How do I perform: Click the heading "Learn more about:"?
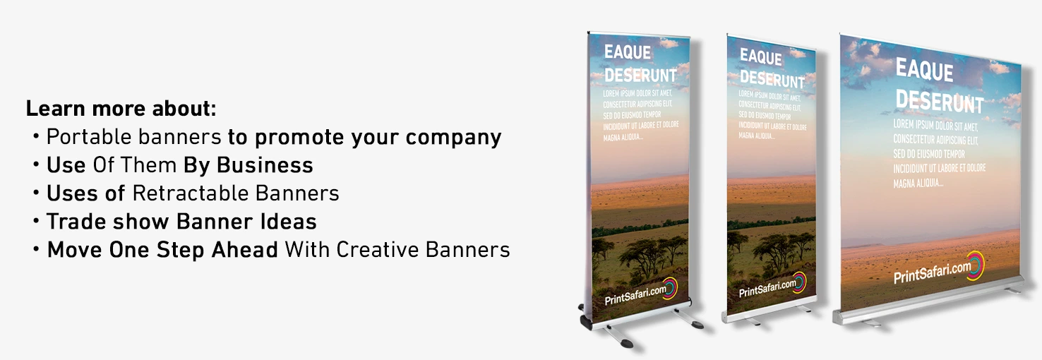(121, 109)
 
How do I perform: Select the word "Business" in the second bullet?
(265, 165)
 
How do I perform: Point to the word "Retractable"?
(191, 193)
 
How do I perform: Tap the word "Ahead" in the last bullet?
(245, 250)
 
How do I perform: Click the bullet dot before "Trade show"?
(36, 221)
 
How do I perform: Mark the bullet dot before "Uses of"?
(36, 193)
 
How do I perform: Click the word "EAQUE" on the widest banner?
(924, 71)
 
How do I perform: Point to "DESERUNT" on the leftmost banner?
(640, 75)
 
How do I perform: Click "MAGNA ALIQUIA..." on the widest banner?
(918, 184)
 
